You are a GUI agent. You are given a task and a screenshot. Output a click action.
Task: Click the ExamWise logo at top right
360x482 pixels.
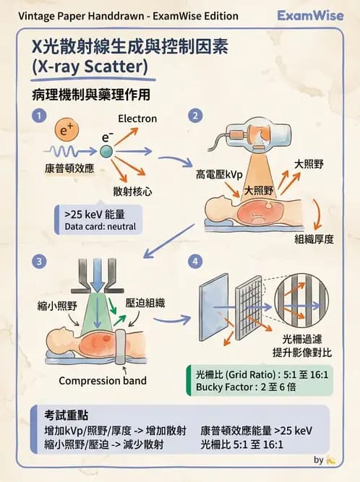pyautogui.click(x=310, y=15)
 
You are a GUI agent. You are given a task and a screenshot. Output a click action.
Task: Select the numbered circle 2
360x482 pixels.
pyautogui.click(x=194, y=116)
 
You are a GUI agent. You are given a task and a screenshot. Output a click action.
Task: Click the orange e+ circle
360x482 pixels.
pyautogui.click(x=67, y=132)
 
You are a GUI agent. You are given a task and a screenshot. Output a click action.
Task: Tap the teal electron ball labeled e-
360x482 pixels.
pyautogui.click(x=106, y=151)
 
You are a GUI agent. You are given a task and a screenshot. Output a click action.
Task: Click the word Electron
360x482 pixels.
pyautogui.click(x=137, y=119)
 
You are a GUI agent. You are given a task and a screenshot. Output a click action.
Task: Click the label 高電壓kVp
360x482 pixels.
pyautogui.click(x=219, y=175)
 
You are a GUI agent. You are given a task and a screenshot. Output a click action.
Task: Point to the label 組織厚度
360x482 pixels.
pyautogui.click(x=314, y=239)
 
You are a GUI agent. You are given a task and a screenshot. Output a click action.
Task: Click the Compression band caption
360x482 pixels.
pyautogui.click(x=102, y=381)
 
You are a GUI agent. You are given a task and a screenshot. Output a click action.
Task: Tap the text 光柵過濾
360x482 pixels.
pyautogui.click(x=301, y=337)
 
